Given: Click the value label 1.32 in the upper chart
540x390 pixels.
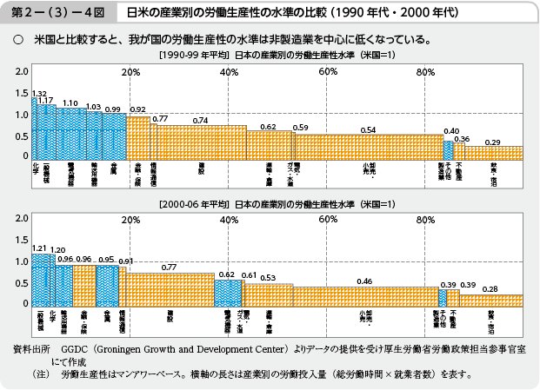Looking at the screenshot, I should click(39, 93).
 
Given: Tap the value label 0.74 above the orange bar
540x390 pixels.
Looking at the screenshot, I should click(200, 120).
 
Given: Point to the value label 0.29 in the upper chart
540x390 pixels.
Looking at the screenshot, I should click(492, 141).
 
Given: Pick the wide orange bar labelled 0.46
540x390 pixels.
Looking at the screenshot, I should click(365, 295).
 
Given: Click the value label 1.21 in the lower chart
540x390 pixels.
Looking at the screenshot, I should click(39, 248).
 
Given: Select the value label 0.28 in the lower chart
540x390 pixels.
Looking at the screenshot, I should click(490, 288).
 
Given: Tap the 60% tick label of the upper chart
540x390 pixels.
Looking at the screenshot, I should click(328, 71).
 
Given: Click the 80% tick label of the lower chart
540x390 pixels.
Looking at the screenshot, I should click(426, 220).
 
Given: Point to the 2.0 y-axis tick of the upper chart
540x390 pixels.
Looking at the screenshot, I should click(22, 70).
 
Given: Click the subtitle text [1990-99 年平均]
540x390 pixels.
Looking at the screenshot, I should click(194, 56).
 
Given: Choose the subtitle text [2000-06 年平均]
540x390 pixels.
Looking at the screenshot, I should click(194, 204).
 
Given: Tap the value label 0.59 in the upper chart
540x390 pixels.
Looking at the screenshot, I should click(301, 128).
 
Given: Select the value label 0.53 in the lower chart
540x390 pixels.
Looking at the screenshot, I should click(268, 277).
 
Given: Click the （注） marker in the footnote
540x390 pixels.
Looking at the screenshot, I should click(38, 375).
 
